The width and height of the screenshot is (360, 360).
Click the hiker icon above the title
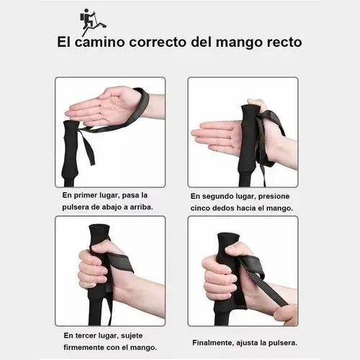click(92, 22)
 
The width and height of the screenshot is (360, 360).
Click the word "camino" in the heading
click(100, 42)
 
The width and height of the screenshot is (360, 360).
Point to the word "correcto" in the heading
click(158, 42)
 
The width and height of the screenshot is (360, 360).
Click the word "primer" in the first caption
click(86, 196)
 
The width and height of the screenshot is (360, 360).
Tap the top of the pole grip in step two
click(250, 107)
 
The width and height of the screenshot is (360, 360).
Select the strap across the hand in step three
click(121, 263)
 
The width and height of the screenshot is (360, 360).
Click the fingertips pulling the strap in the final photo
click(286, 313)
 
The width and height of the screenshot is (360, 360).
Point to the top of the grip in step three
click(99, 228)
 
